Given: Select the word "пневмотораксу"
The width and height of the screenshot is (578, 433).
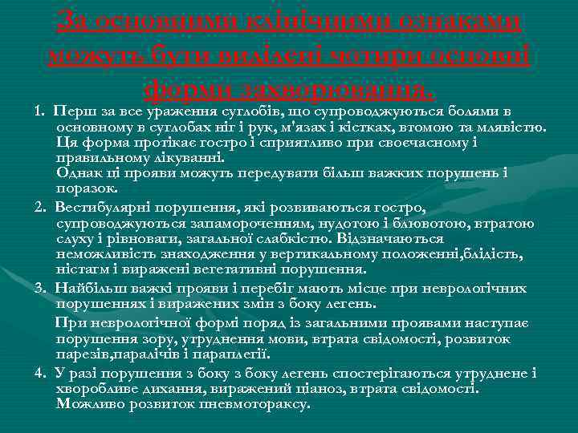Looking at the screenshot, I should tap(256, 404).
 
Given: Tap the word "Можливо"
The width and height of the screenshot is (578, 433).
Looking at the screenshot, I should tap(88, 404).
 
